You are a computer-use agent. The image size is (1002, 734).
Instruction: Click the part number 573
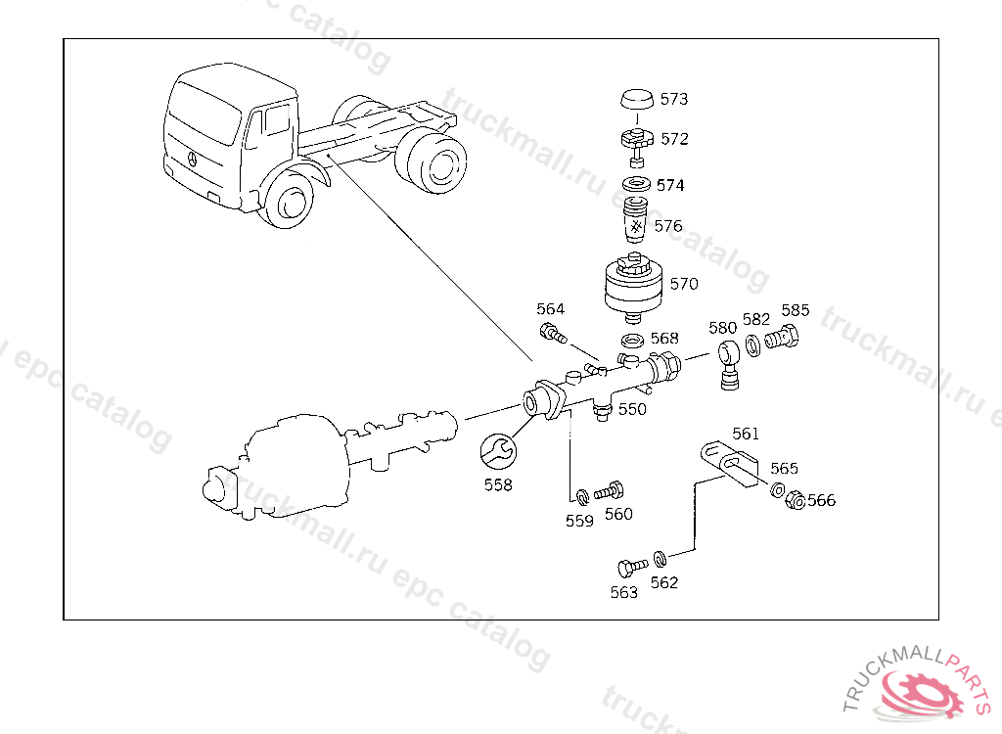(673, 99)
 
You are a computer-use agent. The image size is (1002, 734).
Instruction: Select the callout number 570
(684, 284)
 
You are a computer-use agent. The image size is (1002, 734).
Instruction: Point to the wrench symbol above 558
(498, 451)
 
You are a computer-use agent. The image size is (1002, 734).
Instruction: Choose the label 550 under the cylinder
(632, 409)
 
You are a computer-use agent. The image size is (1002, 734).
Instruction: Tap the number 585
(795, 310)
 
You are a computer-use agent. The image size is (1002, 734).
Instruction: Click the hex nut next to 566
(796, 500)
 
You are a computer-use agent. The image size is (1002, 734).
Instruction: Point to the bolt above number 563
(628, 566)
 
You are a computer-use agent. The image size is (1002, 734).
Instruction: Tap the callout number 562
(664, 582)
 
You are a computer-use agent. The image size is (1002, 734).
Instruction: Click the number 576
(668, 226)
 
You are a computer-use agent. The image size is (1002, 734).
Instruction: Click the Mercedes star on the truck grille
(191, 160)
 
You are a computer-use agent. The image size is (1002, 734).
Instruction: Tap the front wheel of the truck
(291, 204)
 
